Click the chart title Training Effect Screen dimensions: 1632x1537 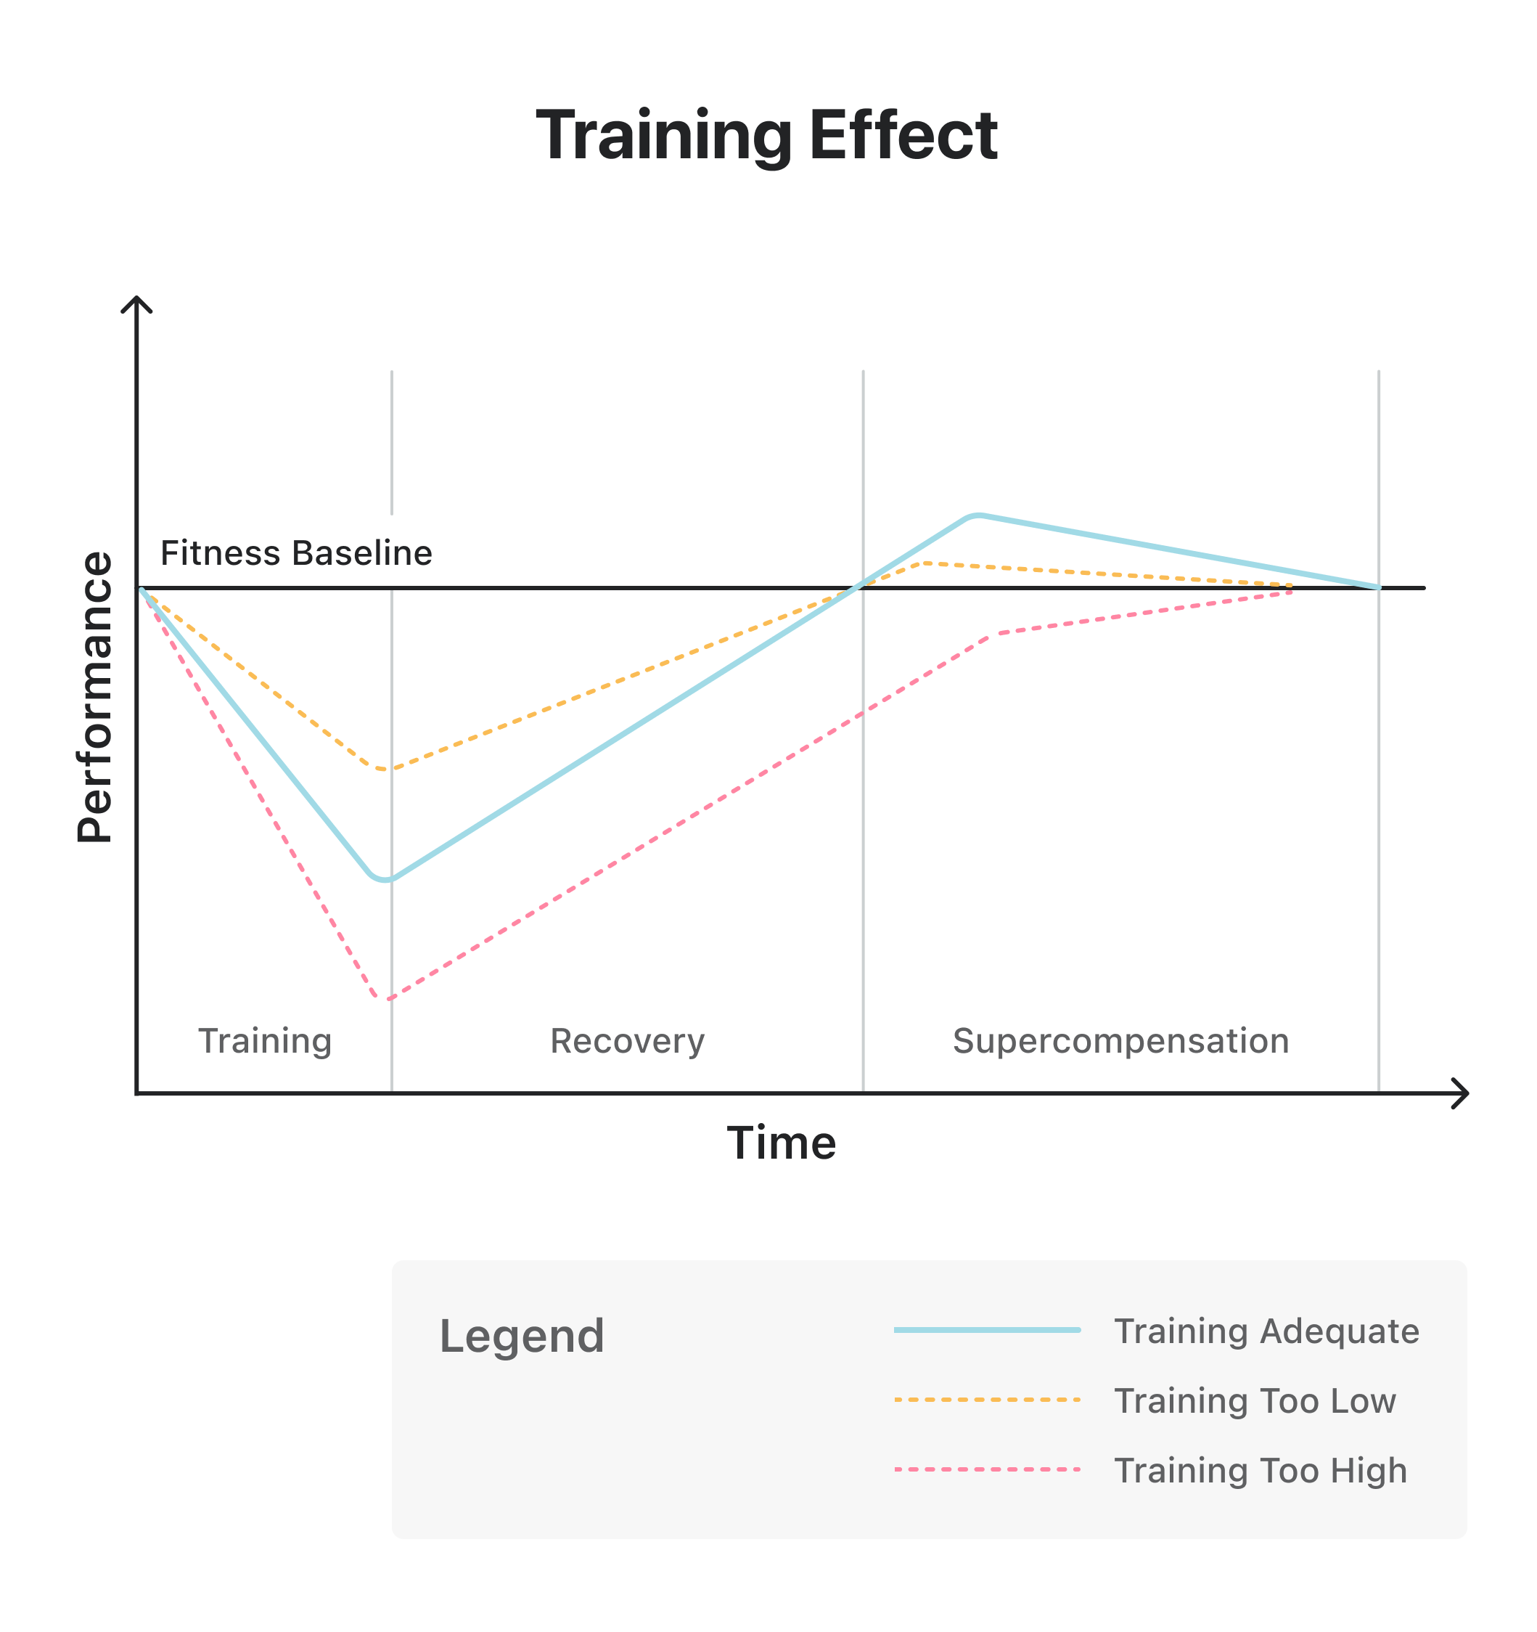[766, 136]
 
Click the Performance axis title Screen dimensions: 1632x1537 [95, 697]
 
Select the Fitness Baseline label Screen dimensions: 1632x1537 [295, 553]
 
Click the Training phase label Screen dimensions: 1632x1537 [264, 1041]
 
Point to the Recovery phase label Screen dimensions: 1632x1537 [627, 1041]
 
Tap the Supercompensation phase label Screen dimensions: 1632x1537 [1120, 1041]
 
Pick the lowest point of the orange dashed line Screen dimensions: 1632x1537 [382, 770]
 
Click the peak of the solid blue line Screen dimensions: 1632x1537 [977, 515]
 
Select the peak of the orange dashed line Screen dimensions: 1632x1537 [925, 563]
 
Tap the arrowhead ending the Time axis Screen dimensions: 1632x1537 [1464, 1093]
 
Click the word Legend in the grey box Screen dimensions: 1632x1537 [521, 1336]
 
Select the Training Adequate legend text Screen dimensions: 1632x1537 [1266, 1331]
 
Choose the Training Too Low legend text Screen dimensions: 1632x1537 [1254, 1400]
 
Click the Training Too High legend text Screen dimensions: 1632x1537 [1260, 1470]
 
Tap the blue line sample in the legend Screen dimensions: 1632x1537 [986, 1330]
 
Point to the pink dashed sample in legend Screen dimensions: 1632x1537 [986, 1469]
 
